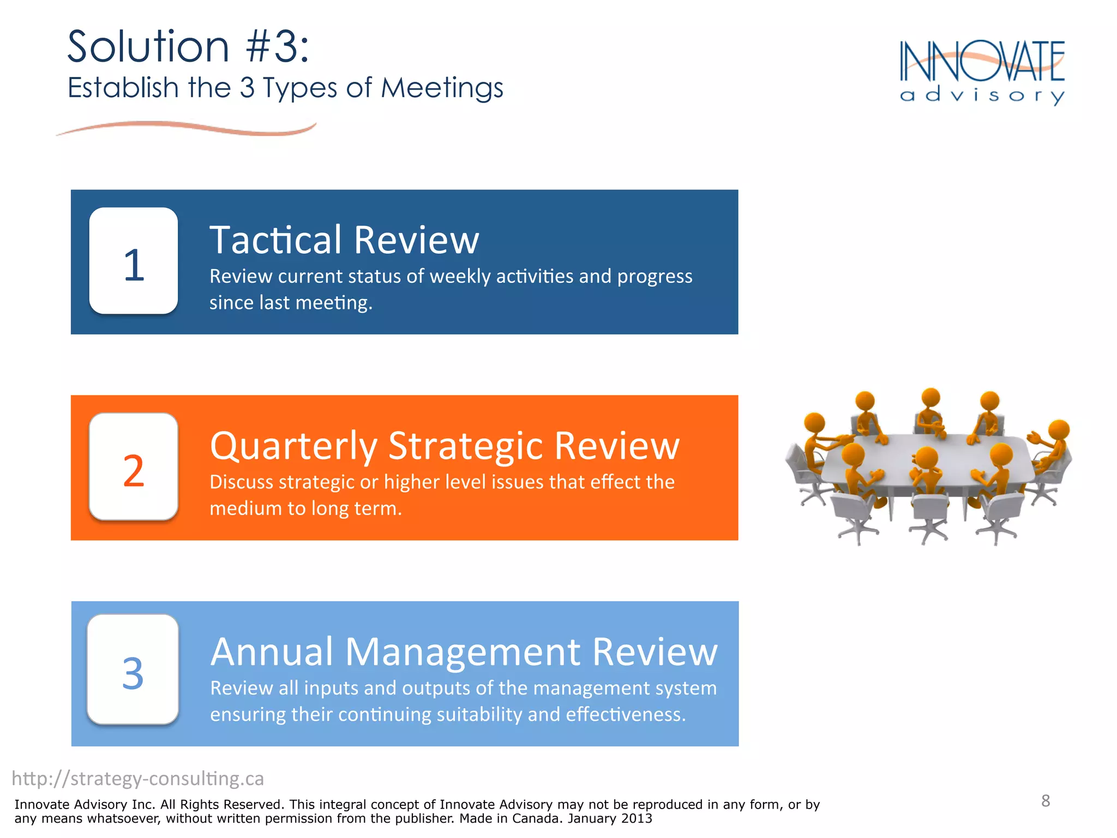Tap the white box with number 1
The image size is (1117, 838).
134,261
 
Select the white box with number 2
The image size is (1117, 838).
134,466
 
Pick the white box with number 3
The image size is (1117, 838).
133,669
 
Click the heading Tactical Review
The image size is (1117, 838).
344,240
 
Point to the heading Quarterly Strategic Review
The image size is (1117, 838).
445,446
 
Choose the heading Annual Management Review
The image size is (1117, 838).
464,651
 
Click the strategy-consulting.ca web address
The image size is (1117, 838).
138,779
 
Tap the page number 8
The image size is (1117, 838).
1045,800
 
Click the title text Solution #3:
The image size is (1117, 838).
188,47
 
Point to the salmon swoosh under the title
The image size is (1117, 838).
185,128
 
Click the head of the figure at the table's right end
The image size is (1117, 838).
1059,429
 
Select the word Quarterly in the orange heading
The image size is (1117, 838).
293,446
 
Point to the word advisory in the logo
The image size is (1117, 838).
982,95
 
